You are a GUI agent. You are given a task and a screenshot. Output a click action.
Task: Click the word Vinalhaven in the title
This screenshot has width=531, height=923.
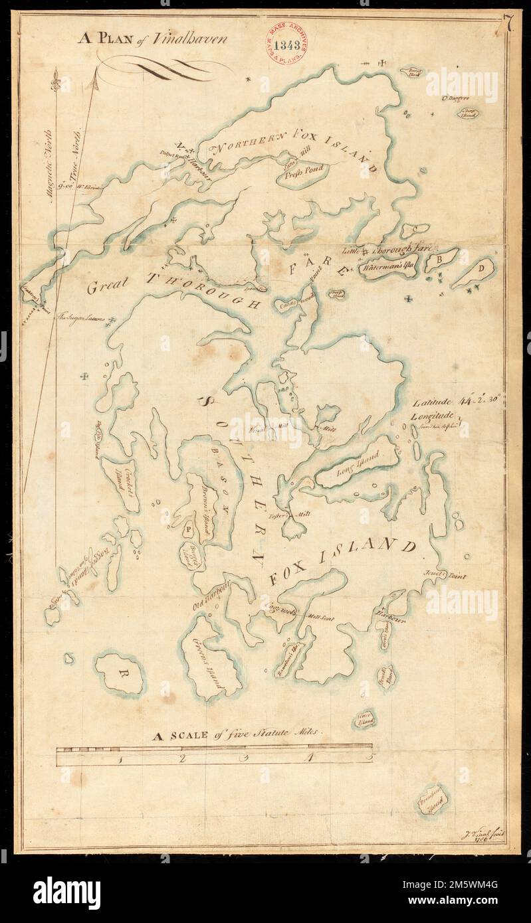(197, 39)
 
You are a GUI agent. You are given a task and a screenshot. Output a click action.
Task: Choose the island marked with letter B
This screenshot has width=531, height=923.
(440, 258)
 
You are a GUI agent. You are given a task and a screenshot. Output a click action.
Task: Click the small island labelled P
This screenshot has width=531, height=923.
(189, 529)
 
